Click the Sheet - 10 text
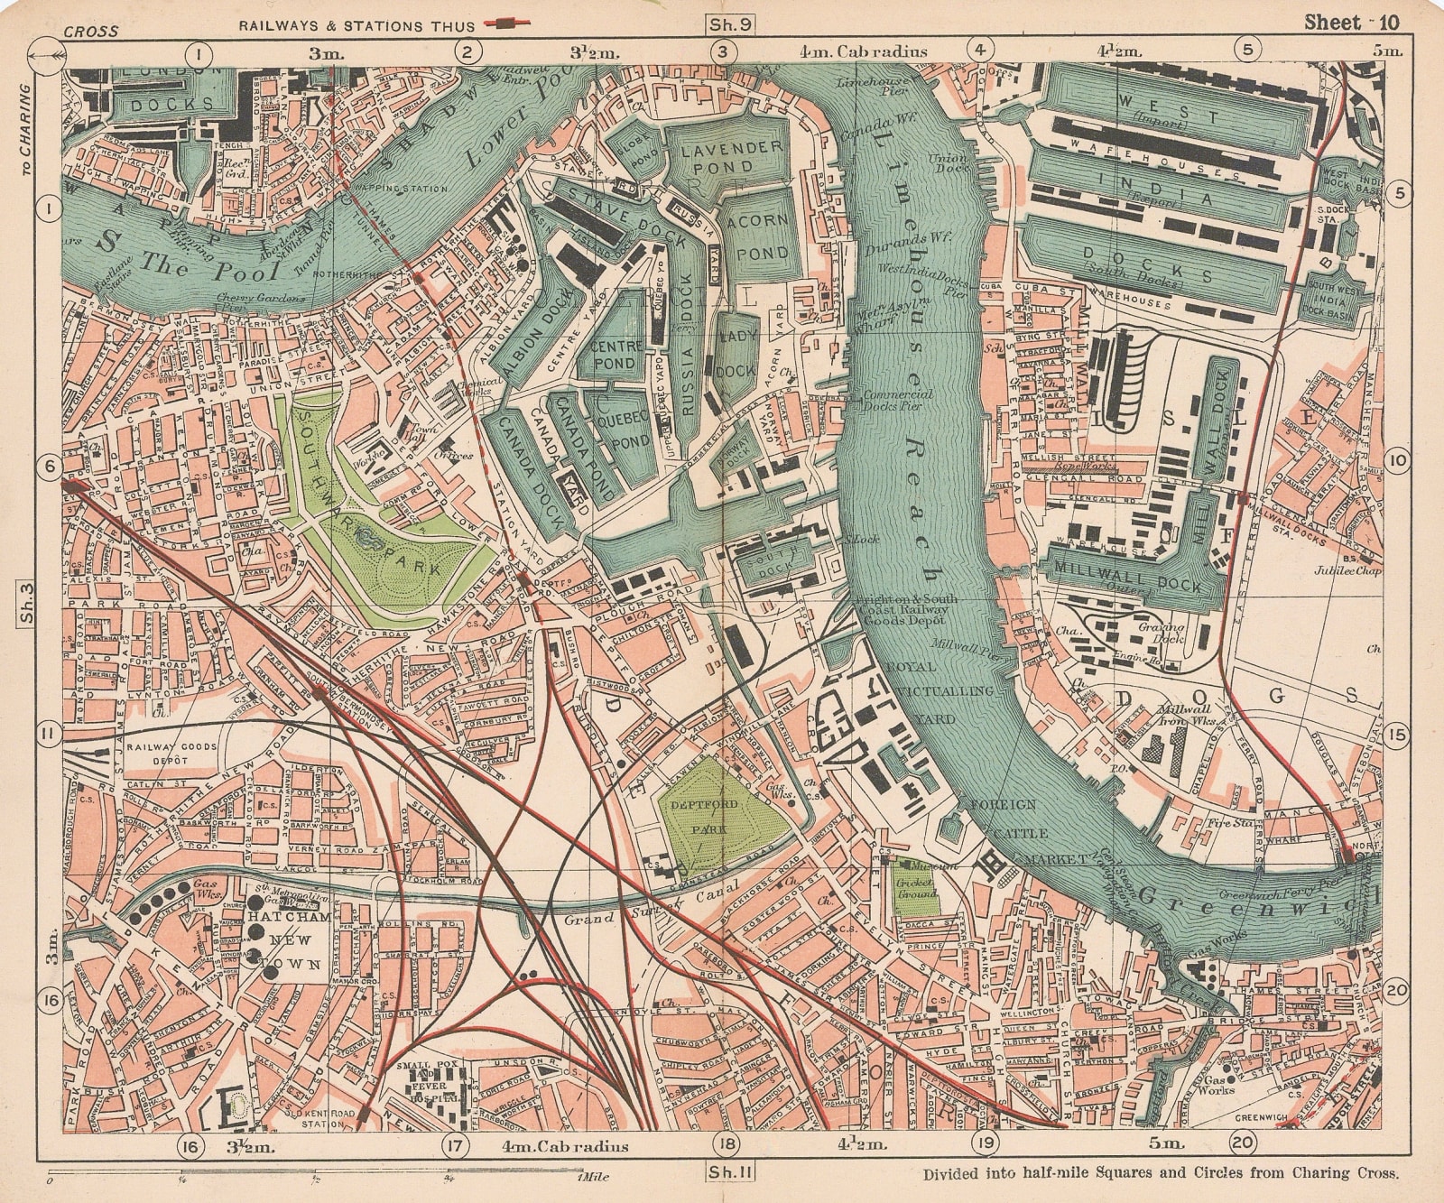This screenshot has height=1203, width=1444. coord(1350,23)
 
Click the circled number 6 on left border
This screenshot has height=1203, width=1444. coord(49,466)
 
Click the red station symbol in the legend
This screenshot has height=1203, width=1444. coord(508,23)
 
